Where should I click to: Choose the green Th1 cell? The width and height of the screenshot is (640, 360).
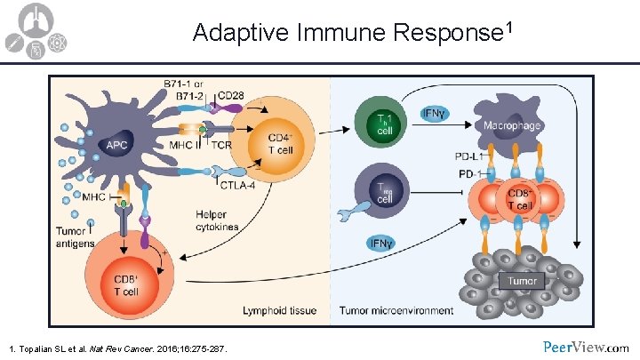[385, 124]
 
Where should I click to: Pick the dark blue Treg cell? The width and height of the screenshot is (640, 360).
[385, 194]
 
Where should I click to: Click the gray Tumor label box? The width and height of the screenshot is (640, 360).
[524, 282]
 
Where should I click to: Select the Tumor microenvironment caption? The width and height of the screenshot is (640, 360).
[396, 311]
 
